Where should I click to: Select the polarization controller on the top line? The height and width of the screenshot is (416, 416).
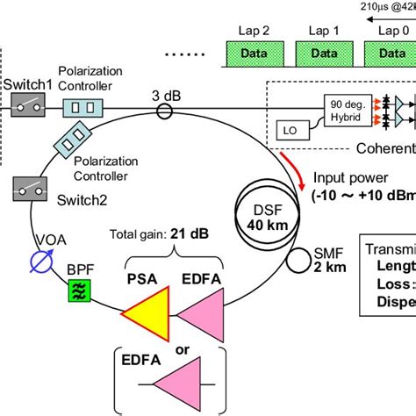coord(84,108)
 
